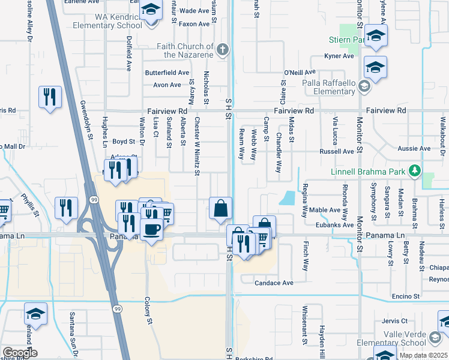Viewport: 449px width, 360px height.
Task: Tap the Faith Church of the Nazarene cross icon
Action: [222, 50]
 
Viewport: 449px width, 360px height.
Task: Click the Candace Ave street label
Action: [274, 283]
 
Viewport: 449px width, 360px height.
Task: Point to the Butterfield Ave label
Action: [167, 72]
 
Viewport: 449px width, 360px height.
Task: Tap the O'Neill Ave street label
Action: [300, 72]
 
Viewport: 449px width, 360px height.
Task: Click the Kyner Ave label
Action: [340, 56]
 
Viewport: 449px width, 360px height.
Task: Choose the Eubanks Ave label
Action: [336, 225]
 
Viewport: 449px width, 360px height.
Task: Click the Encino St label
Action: [405, 296]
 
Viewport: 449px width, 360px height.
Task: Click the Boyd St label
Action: [124, 142]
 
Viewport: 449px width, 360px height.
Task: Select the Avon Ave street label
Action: [167, 85]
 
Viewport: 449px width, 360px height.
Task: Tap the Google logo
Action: [20, 353]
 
